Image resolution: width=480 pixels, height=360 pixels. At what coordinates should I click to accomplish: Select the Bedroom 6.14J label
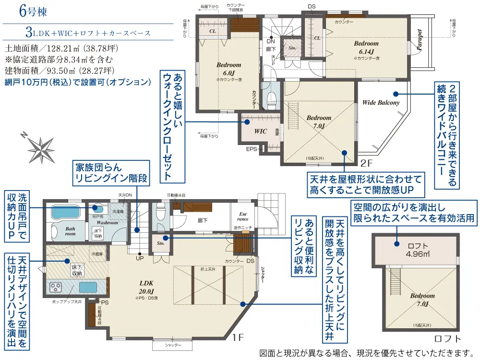(x=366, y=47)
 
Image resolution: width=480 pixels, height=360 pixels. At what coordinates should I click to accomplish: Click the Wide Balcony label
(x=381, y=102)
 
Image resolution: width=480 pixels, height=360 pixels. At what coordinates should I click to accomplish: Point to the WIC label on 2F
(x=260, y=130)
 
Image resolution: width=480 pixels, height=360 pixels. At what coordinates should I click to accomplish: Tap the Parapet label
(x=420, y=40)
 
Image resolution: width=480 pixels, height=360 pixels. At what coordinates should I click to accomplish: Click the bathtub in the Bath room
(x=67, y=212)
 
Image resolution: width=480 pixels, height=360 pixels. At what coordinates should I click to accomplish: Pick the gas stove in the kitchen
(x=56, y=288)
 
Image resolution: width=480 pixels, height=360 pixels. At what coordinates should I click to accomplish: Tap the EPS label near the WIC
(x=252, y=149)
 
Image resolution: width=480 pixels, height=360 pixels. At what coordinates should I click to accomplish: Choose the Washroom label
(x=107, y=223)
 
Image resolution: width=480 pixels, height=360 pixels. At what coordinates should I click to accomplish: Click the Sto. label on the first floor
(x=160, y=243)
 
